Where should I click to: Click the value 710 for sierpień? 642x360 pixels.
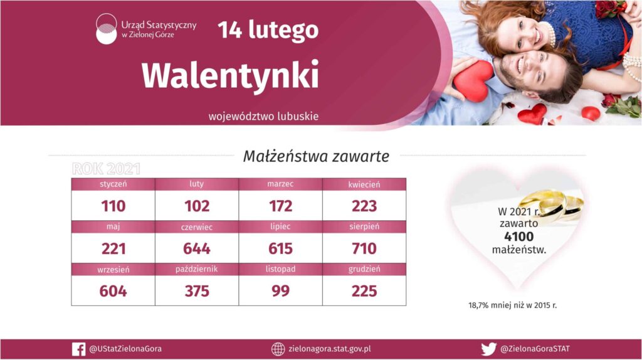[x=364, y=248]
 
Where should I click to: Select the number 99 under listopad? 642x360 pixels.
[x=280, y=291]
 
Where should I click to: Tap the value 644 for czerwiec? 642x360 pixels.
[x=196, y=248]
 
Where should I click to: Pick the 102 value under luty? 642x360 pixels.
[x=196, y=206]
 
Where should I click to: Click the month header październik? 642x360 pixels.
[x=196, y=269]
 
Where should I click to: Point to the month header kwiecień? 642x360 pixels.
[x=364, y=184]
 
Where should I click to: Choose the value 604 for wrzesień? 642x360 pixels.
[x=113, y=291]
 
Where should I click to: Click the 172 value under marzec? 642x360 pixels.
[x=280, y=206]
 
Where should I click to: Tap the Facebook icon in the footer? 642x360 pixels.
[x=78, y=349]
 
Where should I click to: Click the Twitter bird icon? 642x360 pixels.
[x=488, y=349]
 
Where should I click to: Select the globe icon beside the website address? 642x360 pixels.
[x=278, y=349]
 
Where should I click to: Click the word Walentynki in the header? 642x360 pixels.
[x=230, y=76]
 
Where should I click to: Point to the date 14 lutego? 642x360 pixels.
[x=268, y=30]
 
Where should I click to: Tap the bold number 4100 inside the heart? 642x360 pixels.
[x=518, y=236]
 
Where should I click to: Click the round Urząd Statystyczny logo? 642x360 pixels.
[x=106, y=29]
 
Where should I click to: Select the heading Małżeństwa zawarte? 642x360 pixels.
[x=316, y=156]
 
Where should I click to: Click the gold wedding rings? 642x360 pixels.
[x=552, y=203]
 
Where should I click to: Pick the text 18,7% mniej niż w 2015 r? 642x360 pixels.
[x=513, y=305]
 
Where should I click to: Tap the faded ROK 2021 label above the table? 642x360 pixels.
[x=106, y=169]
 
